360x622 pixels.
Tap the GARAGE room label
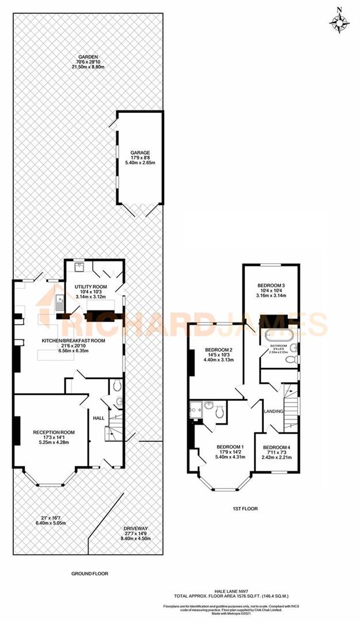(x=140, y=153)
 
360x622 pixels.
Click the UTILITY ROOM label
(x=92, y=286)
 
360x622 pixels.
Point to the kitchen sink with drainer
(x=60, y=302)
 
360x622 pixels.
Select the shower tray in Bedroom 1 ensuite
(x=195, y=410)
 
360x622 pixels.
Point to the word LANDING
(x=273, y=411)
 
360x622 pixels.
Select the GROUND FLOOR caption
(x=89, y=573)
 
